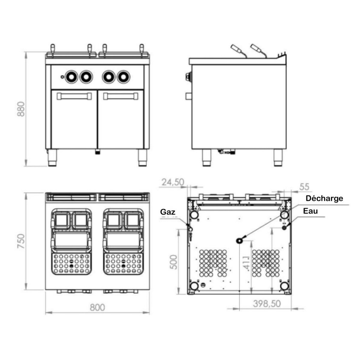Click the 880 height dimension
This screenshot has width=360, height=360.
click(21, 109)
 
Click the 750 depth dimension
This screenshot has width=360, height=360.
click(21, 241)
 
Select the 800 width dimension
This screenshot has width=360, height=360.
click(97, 307)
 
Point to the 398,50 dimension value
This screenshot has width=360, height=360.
click(267, 303)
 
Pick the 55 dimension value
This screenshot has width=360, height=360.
click(304, 186)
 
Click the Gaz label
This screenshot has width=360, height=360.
click(168, 212)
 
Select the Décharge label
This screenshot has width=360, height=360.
click(324, 198)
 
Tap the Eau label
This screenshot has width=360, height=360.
click(310, 211)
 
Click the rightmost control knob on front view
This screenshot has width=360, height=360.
click(123, 76)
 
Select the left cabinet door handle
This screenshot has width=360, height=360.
click(74, 96)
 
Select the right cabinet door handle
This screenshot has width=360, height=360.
click(121, 96)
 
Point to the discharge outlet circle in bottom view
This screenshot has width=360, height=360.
click(240, 240)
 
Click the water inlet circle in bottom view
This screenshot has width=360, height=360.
click(284, 228)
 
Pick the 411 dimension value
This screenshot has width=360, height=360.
click(247, 263)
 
